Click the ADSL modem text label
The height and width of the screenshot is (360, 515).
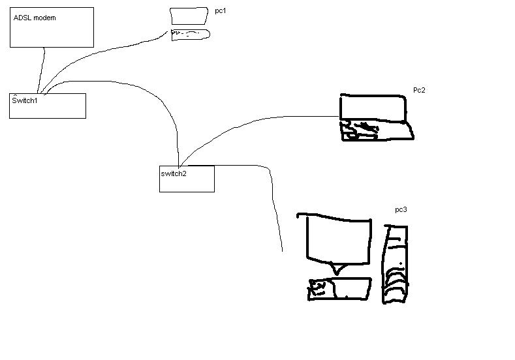click(35, 18)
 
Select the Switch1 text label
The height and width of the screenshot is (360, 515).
click(25, 100)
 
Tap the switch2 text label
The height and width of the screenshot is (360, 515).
click(174, 173)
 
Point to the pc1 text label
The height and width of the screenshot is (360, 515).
click(221, 11)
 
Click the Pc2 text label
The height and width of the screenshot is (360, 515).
click(419, 90)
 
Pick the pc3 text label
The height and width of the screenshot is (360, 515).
click(401, 210)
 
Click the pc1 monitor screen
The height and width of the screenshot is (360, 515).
click(189, 16)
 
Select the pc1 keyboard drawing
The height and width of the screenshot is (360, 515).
click(191, 35)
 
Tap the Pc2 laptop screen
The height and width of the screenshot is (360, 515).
click(373, 108)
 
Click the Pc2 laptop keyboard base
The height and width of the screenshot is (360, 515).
click(377, 130)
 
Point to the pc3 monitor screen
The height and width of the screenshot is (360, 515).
click(338, 239)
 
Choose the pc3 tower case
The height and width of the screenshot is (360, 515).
click(396, 265)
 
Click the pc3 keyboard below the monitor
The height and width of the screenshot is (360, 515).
click(339, 289)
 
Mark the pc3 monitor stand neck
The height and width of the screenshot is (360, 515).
click(337, 269)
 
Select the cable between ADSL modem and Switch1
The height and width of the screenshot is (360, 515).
click(42, 70)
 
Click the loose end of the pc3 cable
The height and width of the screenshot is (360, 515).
click(283, 251)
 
